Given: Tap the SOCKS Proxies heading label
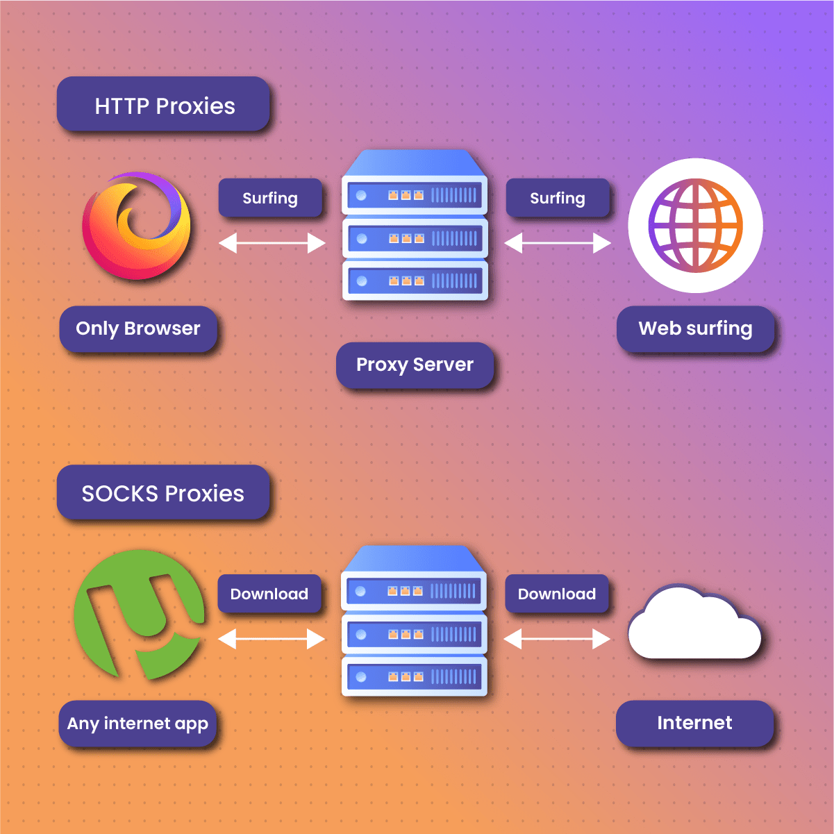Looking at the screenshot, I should tap(163, 493).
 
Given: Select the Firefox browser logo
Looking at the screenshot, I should tap(137, 226).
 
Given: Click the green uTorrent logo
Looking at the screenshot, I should tap(140, 615).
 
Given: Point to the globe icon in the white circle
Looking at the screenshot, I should tap(695, 226).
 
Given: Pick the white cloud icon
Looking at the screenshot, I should tap(694, 626).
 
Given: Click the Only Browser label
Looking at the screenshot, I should tap(138, 328).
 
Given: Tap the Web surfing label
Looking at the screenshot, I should tap(695, 328).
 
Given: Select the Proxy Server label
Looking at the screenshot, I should tap(415, 365).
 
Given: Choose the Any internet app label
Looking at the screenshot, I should tap(137, 724).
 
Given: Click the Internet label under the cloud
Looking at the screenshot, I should tap(694, 723).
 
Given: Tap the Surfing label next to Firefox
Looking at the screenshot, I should tap(270, 198).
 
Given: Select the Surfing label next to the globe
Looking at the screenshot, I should tap(558, 198).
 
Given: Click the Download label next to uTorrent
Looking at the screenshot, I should tap(269, 594).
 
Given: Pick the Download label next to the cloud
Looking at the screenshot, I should tap(557, 594).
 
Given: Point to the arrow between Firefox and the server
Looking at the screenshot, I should tap(272, 243).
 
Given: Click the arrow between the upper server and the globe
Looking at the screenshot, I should tap(558, 243).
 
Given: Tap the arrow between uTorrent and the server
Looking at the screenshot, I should tap(272, 639).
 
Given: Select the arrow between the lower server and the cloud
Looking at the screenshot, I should tap(557, 639).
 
